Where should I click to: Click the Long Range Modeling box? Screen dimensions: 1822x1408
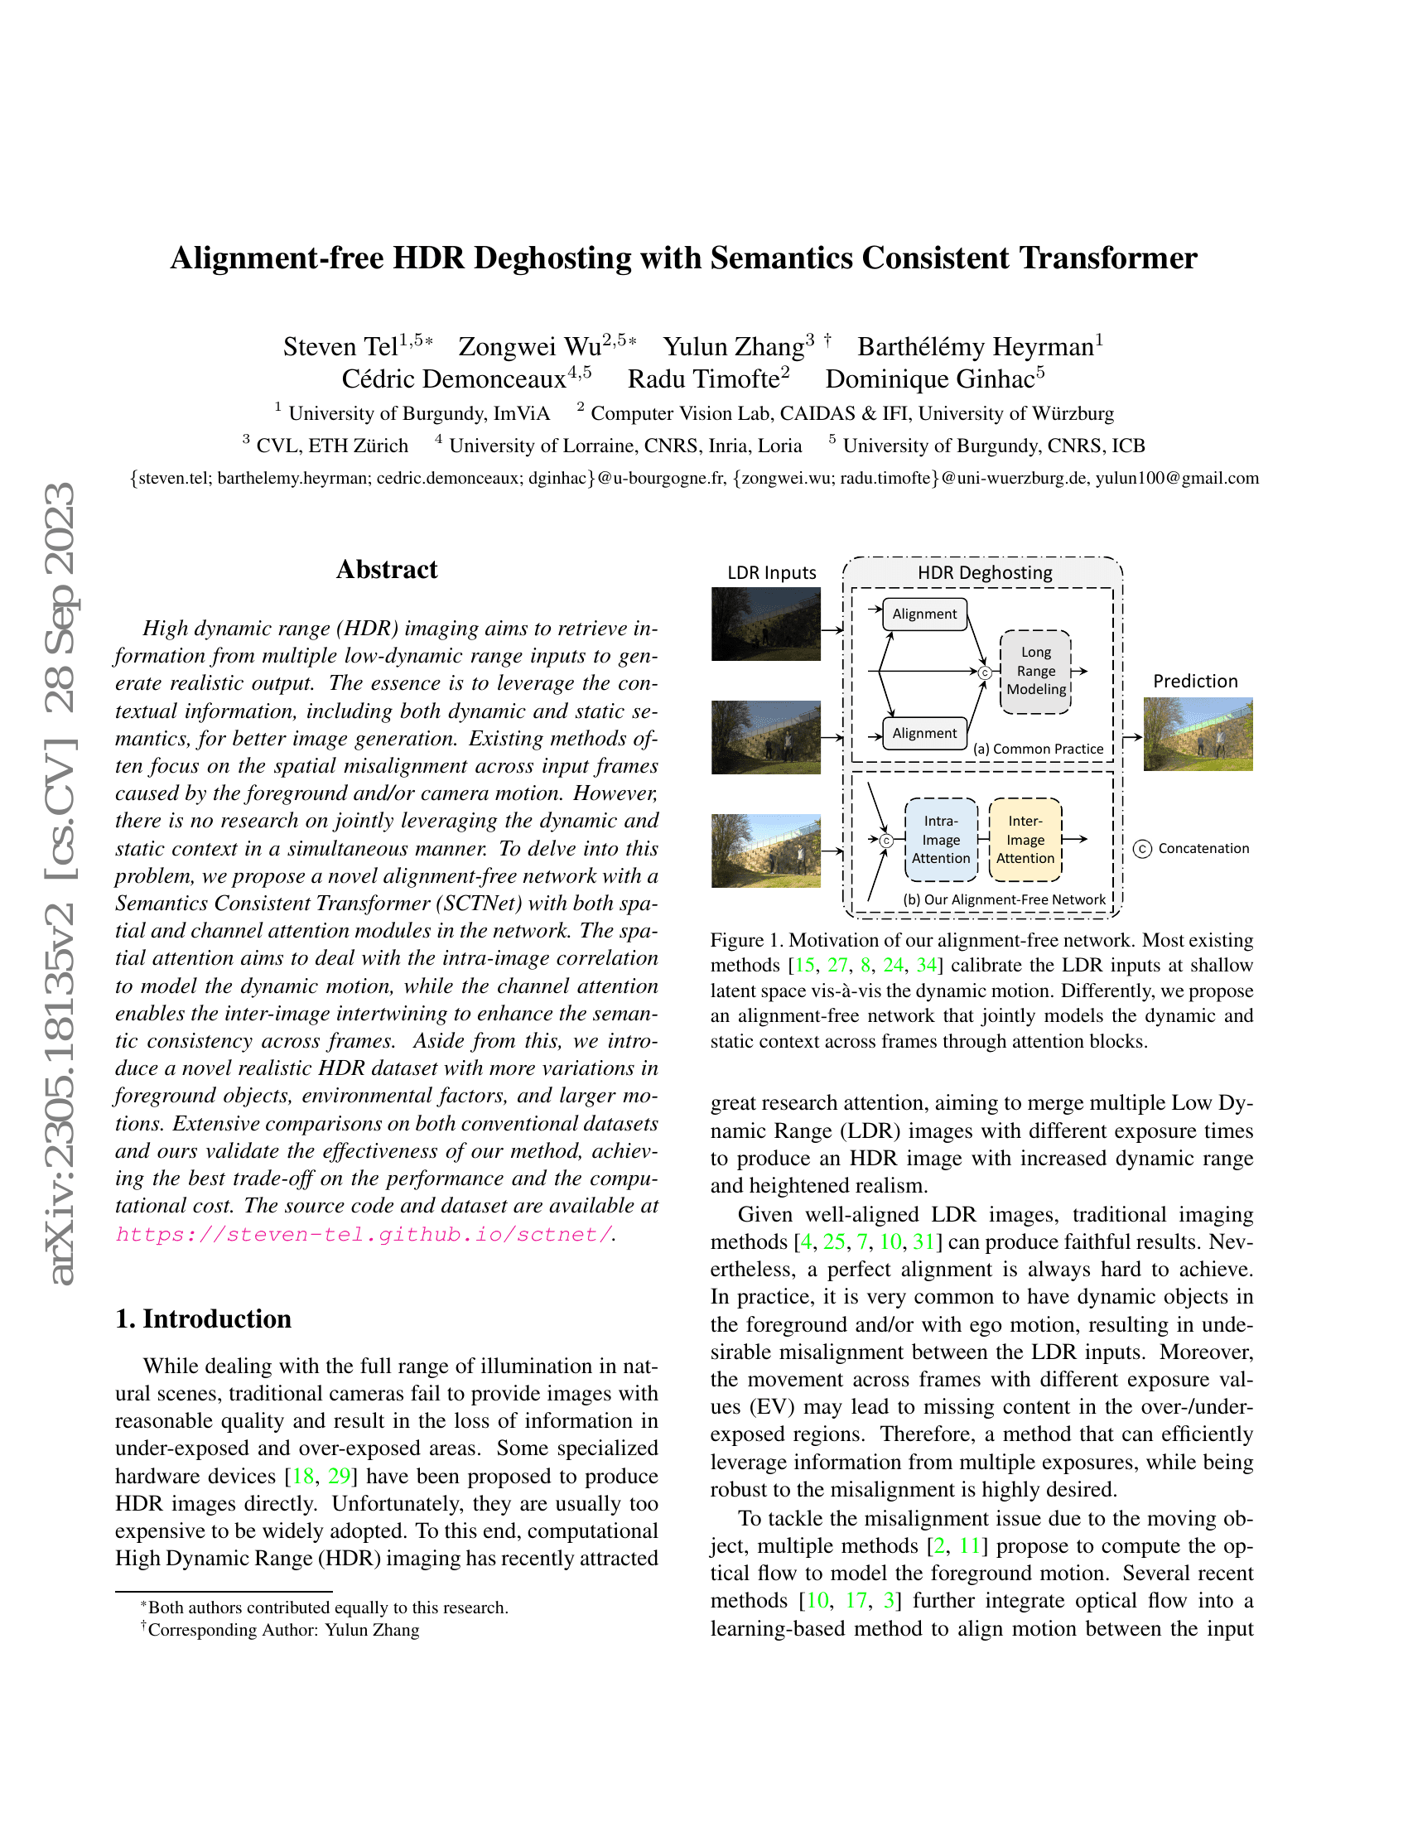point(1035,672)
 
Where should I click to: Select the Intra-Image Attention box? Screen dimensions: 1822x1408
point(941,840)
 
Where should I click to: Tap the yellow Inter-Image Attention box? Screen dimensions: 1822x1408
point(1025,840)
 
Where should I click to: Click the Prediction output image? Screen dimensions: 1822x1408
point(1198,734)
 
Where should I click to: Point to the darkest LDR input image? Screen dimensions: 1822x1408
point(766,624)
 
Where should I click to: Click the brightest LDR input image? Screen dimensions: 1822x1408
point(766,850)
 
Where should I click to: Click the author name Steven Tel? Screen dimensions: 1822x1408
point(340,347)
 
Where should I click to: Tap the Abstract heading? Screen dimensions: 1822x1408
point(387,570)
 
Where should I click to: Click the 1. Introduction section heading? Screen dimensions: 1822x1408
point(204,1319)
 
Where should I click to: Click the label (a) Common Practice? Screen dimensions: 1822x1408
point(1039,750)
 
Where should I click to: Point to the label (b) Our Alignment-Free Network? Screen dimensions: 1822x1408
point(1005,900)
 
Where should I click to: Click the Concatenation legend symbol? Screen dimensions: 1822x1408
point(1143,849)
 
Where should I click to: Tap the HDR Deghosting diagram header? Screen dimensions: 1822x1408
point(984,573)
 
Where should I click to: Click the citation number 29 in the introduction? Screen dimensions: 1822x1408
point(339,1477)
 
